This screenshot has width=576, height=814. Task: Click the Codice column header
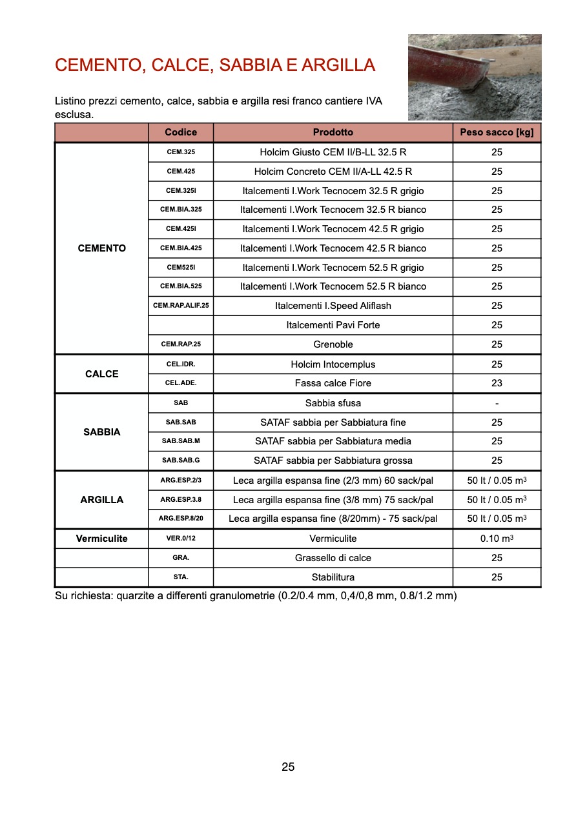[x=181, y=132]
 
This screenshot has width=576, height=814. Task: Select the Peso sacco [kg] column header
[x=497, y=132]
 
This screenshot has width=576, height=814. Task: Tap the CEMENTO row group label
[x=102, y=248]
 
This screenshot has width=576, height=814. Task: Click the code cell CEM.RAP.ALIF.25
[x=181, y=306]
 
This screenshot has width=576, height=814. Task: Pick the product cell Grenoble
[x=333, y=344]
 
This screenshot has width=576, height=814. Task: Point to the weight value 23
[x=497, y=383]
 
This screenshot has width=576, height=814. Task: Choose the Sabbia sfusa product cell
[x=333, y=403]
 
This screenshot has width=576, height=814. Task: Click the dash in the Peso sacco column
[x=497, y=403]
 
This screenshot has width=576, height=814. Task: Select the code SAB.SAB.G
[x=181, y=461]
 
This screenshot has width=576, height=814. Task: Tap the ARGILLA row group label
[x=102, y=500]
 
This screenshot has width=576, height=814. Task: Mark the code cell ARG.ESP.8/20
[x=181, y=518]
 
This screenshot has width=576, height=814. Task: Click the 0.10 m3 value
[x=497, y=539]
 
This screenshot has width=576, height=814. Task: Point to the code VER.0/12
[x=181, y=539]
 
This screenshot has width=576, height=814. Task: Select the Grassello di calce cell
[x=333, y=558]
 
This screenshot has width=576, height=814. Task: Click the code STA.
[x=181, y=577]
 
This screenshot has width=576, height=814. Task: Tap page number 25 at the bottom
[x=288, y=767]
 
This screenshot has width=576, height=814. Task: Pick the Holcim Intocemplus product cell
[x=333, y=364]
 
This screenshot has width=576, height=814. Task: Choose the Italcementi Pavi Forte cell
[x=333, y=325]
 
